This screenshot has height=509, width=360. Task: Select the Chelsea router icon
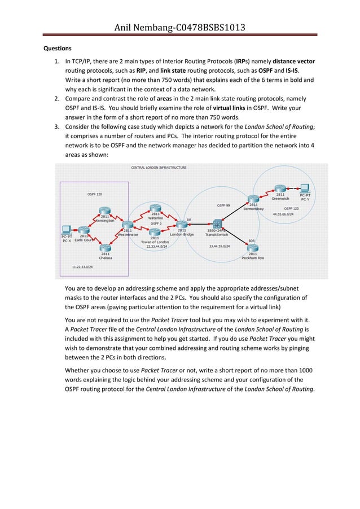click(x=105, y=247)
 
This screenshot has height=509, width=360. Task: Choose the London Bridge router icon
click(x=182, y=223)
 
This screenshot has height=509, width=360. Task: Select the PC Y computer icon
click(x=305, y=188)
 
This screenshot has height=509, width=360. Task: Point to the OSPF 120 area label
click(x=95, y=194)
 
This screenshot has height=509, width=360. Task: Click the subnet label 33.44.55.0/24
click(x=220, y=246)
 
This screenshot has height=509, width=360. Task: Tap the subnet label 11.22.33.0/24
click(x=83, y=266)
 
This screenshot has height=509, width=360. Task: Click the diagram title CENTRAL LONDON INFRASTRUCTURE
click(x=159, y=168)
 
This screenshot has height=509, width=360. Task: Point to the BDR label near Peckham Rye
click(x=252, y=240)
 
